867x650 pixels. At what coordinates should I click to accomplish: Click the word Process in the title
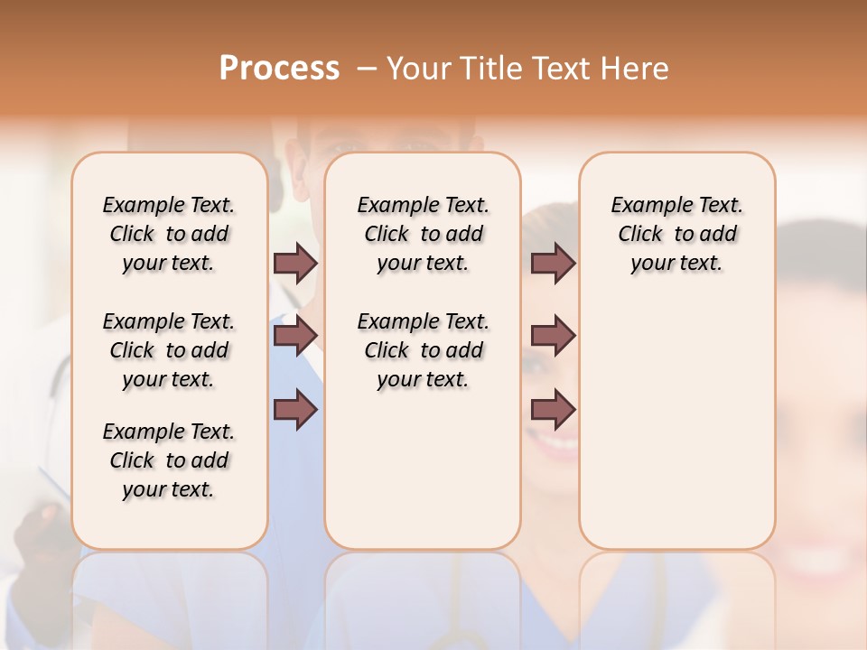click(x=279, y=68)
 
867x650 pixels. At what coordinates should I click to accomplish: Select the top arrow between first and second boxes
click(x=295, y=264)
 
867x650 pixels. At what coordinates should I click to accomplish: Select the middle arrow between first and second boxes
click(x=295, y=336)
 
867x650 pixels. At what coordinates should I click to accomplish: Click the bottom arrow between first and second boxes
click(x=295, y=410)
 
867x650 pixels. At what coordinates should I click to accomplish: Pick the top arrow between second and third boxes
click(x=553, y=264)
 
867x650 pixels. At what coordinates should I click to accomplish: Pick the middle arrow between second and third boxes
click(x=553, y=336)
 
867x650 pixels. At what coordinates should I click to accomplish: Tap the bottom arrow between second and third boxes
click(x=553, y=410)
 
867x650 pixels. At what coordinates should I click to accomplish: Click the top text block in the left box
click(x=169, y=234)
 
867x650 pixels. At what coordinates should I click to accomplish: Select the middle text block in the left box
click(x=169, y=350)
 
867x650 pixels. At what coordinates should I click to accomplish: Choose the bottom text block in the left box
click(x=169, y=460)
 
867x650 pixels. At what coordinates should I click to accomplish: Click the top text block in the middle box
click(x=423, y=234)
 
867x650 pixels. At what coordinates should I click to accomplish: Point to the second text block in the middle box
click(x=423, y=350)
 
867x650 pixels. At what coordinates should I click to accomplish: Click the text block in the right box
click(x=676, y=234)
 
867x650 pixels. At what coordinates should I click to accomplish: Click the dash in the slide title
click(x=366, y=68)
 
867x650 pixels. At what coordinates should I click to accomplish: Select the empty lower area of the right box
click(x=676, y=424)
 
